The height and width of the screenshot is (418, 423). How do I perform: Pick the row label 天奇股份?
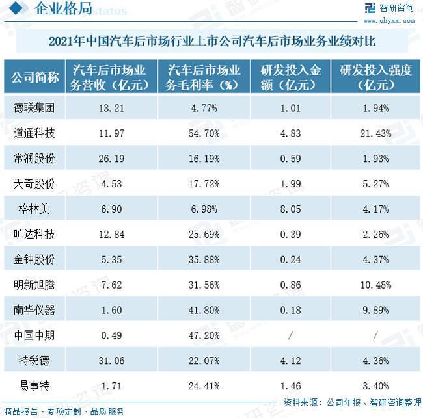point(33,183)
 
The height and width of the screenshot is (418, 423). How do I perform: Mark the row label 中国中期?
point(33,335)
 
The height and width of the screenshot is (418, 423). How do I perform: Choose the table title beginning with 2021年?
point(211,40)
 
